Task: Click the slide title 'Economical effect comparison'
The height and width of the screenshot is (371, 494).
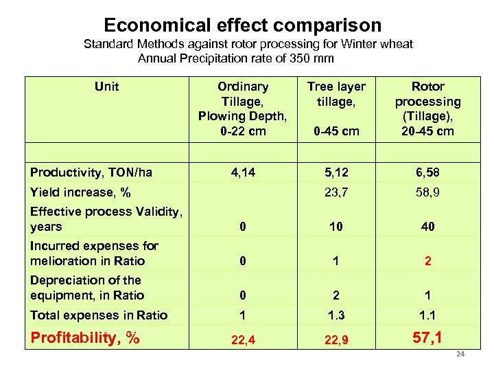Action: pos(242,25)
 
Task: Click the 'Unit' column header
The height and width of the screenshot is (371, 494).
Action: pos(106,87)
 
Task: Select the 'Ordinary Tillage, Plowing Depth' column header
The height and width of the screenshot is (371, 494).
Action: pos(243,109)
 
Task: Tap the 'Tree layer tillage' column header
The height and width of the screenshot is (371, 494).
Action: pos(336,94)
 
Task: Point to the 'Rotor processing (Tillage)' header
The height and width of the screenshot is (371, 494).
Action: pos(427,109)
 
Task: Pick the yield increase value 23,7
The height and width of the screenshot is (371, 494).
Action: pos(336,192)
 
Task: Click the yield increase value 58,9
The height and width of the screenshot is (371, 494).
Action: pos(427,192)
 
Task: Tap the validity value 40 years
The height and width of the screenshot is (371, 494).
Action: pos(427,227)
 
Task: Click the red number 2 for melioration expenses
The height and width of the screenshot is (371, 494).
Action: pos(427,261)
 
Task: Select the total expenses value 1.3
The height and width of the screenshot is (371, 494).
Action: pos(336,315)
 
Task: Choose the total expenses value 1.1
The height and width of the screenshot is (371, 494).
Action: pos(427,315)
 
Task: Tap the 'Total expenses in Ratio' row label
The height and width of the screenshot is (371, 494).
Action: pos(99,315)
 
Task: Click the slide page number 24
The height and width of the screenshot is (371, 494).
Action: pos(460,355)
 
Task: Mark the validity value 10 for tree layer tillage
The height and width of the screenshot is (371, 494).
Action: pos(336,227)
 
